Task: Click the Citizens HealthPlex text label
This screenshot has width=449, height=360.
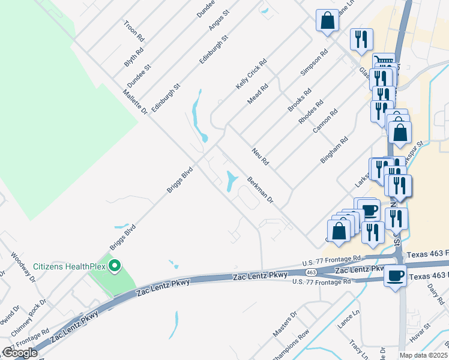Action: [x=68, y=266]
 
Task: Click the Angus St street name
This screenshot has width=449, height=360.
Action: [x=219, y=21]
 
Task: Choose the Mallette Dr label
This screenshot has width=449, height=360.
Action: [x=135, y=102]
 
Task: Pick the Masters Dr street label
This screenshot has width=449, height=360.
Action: [x=285, y=323]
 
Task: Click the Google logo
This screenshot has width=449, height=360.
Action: [x=20, y=353]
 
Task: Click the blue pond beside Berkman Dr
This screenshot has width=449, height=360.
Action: [x=232, y=182]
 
